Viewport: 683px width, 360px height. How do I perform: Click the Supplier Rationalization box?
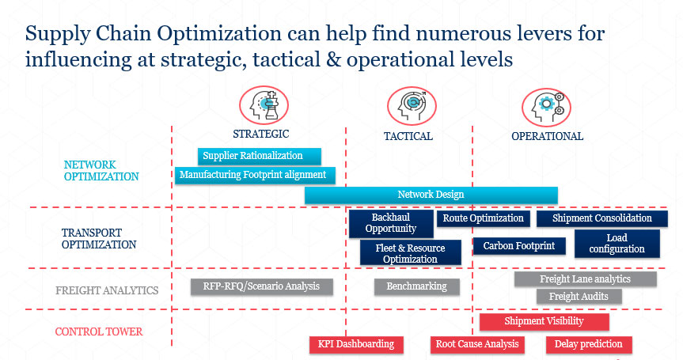(260, 157)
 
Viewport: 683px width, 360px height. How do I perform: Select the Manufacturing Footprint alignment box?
(256, 175)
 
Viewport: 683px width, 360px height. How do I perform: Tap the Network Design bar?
(431, 195)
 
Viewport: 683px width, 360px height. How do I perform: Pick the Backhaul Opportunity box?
(391, 223)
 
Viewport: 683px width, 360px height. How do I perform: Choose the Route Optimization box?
(483, 218)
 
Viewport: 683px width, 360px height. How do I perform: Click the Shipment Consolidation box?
(602, 218)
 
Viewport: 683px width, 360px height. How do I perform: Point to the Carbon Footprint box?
(519, 246)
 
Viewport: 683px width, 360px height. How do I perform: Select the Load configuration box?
(617, 244)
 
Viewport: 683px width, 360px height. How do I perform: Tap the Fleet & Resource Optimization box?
(410, 253)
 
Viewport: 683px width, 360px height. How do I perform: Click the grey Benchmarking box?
(417, 286)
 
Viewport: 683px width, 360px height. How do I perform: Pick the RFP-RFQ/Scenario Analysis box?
(262, 286)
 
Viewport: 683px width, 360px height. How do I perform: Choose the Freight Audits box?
(579, 297)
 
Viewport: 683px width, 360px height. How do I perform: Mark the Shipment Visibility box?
(544, 322)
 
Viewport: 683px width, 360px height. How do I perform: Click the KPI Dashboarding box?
(356, 344)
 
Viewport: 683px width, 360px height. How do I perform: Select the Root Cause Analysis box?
(477, 344)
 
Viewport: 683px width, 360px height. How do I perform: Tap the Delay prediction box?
(589, 344)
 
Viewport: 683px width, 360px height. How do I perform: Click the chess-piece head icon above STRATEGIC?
(264, 105)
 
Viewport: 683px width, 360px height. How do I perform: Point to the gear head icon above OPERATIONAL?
(546, 108)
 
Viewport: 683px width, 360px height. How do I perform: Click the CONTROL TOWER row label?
(99, 332)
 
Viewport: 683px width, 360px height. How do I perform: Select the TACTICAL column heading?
(408, 136)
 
